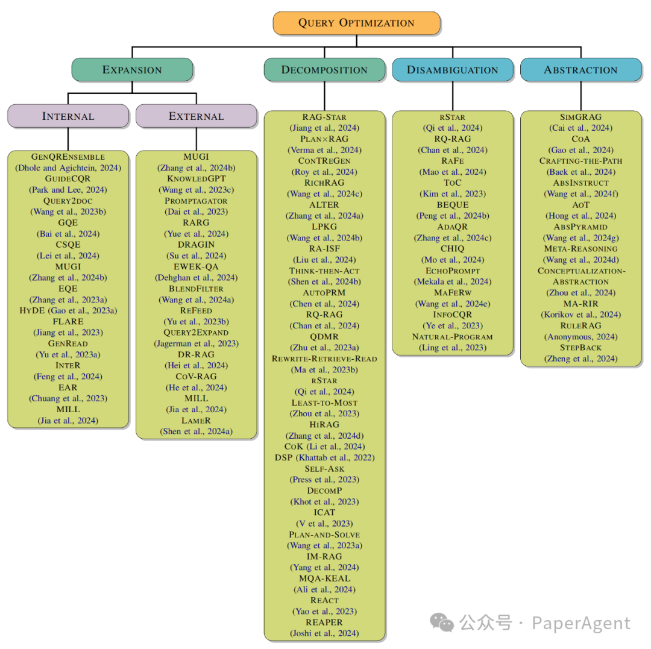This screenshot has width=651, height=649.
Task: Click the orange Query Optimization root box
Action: point(356,23)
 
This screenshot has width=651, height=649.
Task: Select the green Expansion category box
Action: point(132,70)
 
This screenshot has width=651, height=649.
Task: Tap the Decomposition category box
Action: point(324,70)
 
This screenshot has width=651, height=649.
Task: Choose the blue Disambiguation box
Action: point(453,70)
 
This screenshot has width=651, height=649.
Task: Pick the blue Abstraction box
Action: point(580,70)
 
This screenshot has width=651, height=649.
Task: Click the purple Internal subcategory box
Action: point(68,116)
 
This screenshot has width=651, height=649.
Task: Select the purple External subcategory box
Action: point(196,116)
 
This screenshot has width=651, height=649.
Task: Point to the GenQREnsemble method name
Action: point(68,157)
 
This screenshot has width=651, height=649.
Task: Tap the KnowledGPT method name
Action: point(197,178)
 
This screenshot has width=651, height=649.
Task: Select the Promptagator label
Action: point(197,201)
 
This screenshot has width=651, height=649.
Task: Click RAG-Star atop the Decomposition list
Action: point(324,117)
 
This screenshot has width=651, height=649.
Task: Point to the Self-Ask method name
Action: point(324,468)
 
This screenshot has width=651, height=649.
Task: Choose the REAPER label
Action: point(324,622)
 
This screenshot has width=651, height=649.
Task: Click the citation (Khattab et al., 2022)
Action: point(342,457)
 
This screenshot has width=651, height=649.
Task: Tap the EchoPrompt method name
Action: point(453,271)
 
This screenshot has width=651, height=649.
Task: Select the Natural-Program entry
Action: point(453,336)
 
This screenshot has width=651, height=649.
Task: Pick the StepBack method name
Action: point(581,348)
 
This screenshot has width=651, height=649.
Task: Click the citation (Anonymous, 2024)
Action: point(581,337)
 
